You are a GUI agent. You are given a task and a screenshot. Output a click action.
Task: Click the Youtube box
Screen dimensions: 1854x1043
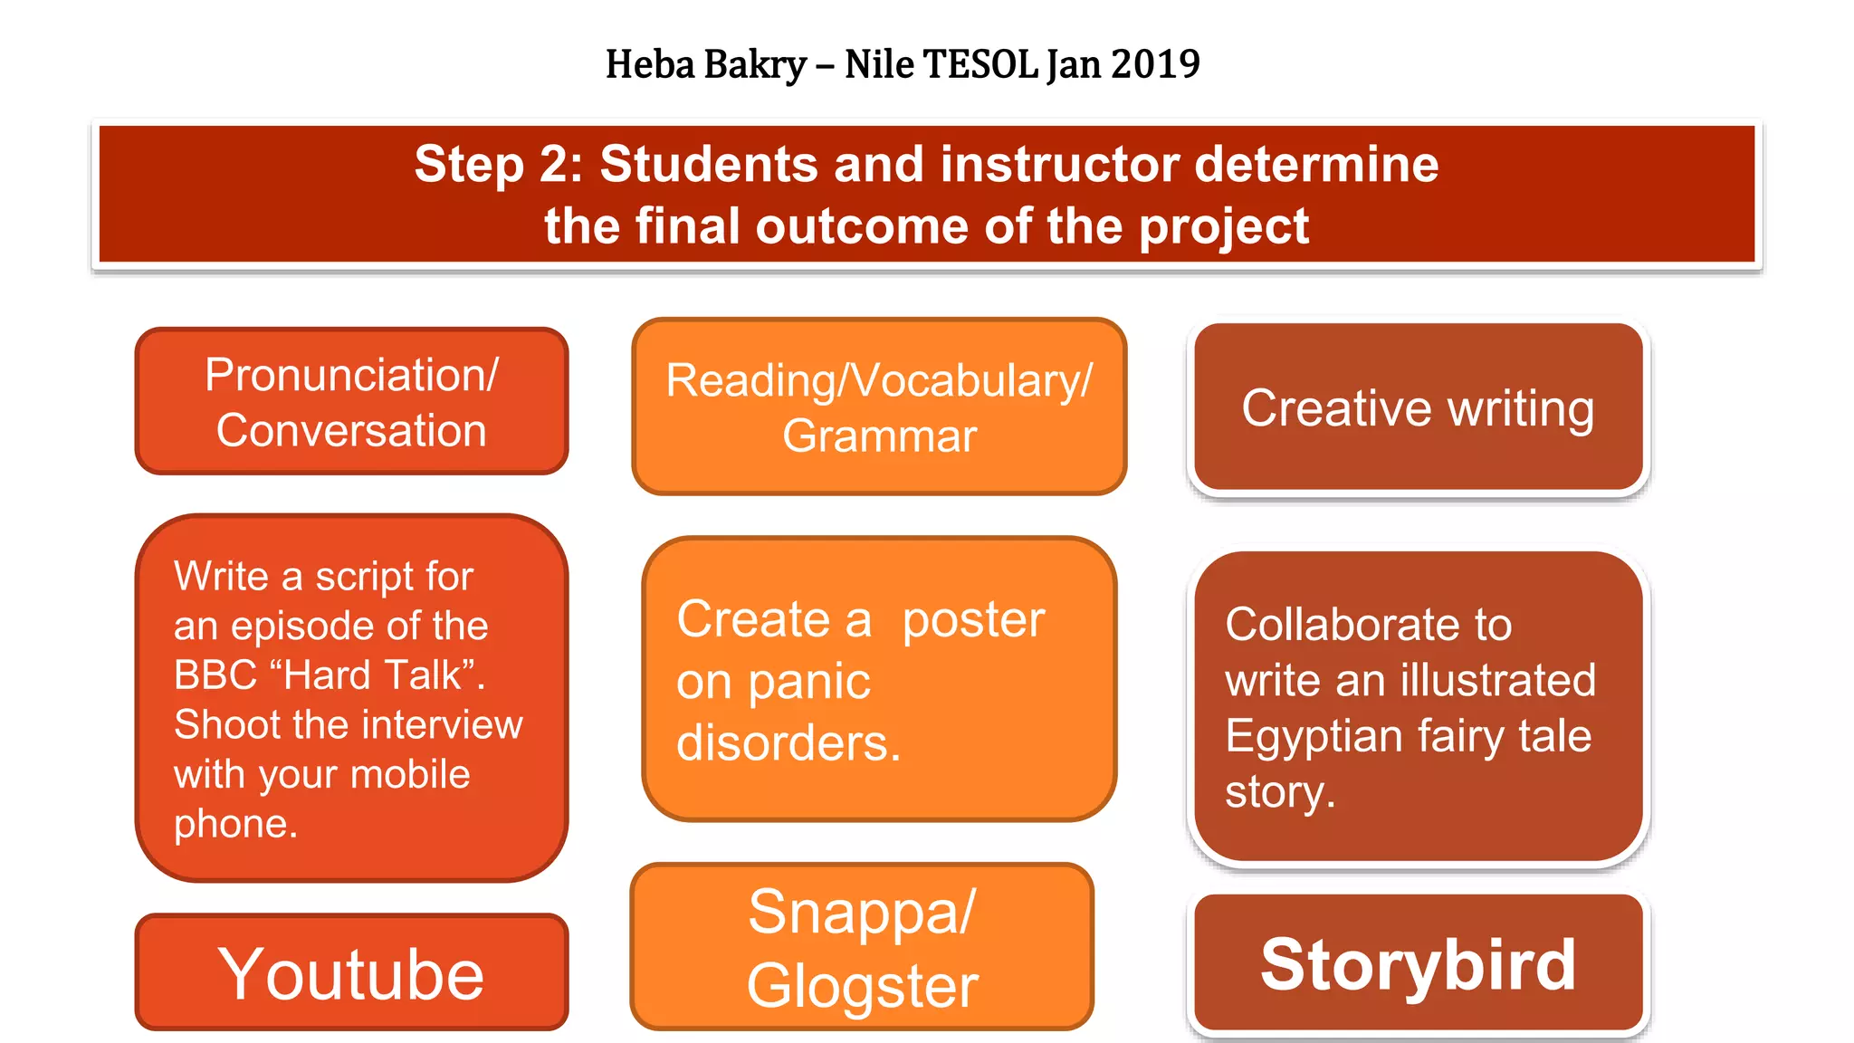351,973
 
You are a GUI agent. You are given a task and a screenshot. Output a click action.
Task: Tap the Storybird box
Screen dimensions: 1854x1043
1418,964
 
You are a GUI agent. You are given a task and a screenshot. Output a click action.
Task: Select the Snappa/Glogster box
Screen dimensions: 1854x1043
862,947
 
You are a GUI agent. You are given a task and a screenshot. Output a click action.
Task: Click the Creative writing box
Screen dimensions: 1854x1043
1418,407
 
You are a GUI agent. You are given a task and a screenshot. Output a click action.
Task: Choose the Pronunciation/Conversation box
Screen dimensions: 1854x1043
351,401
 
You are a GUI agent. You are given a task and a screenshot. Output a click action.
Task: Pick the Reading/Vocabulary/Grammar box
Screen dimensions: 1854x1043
879,407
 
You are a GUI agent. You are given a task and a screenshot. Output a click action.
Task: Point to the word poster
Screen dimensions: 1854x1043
973,620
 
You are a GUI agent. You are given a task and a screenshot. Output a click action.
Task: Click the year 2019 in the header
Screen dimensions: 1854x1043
1154,64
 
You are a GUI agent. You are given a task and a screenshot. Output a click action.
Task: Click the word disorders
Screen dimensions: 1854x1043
788,743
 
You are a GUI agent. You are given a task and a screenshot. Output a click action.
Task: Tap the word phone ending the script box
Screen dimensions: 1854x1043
234,824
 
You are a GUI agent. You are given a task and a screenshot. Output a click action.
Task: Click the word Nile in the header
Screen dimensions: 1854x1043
878,64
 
